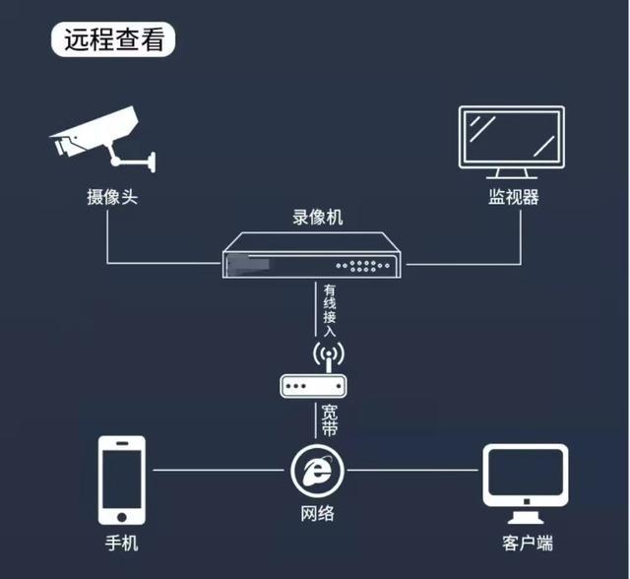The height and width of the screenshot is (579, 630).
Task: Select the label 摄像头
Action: pyautogui.click(x=111, y=196)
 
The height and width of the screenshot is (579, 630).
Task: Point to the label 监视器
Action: pyautogui.click(x=514, y=196)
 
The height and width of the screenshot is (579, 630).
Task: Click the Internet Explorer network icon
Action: pyautogui.click(x=319, y=471)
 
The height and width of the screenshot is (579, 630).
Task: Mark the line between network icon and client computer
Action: pyautogui.click(x=413, y=471)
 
